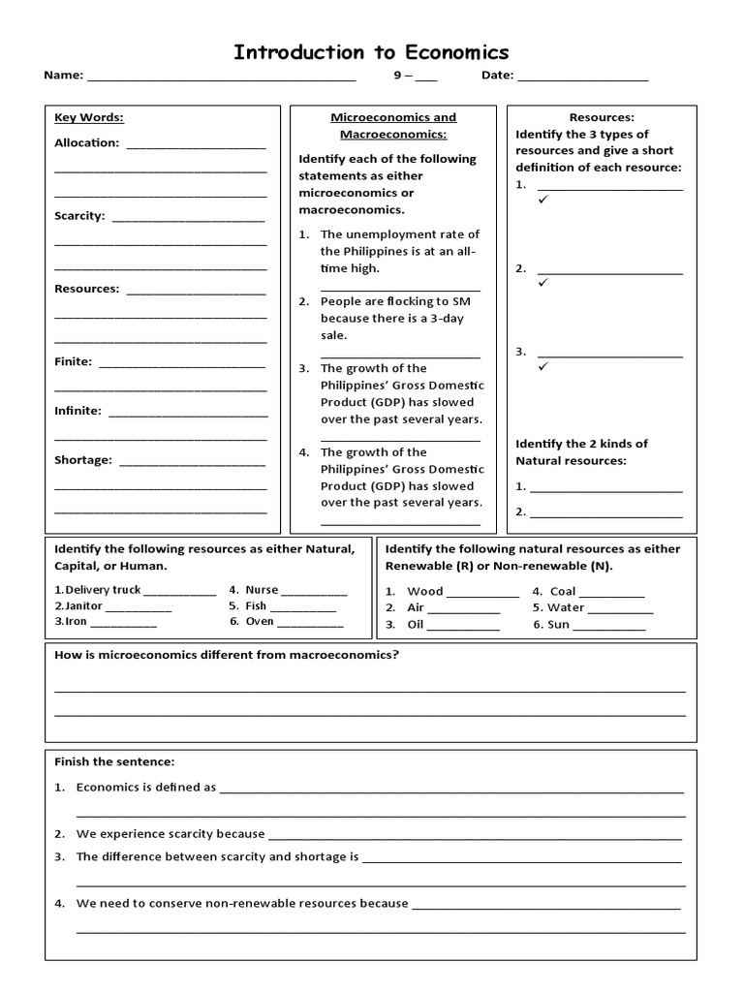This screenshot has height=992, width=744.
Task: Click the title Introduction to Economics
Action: point(371,52)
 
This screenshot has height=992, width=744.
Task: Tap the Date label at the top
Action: point(498,76)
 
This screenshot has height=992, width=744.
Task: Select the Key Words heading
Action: point(89,118)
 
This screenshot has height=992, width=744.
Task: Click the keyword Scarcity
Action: point(79,216)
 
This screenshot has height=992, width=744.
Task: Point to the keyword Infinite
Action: point(77,411)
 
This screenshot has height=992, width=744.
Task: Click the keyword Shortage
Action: point(83,460)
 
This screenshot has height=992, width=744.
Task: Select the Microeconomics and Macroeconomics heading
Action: point(393,126)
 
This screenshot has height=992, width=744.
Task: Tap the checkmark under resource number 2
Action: point(543,283)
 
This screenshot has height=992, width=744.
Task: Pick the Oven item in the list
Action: point(259,622)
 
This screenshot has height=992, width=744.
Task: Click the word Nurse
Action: point(262,590)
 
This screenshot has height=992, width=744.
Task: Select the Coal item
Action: point(562,591)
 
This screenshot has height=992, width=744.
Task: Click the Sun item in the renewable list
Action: point(558,625)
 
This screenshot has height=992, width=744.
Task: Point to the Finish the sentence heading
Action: point(114,762)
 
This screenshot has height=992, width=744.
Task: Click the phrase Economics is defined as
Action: point(145,788)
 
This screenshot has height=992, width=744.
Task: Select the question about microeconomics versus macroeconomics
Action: point(227,655)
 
